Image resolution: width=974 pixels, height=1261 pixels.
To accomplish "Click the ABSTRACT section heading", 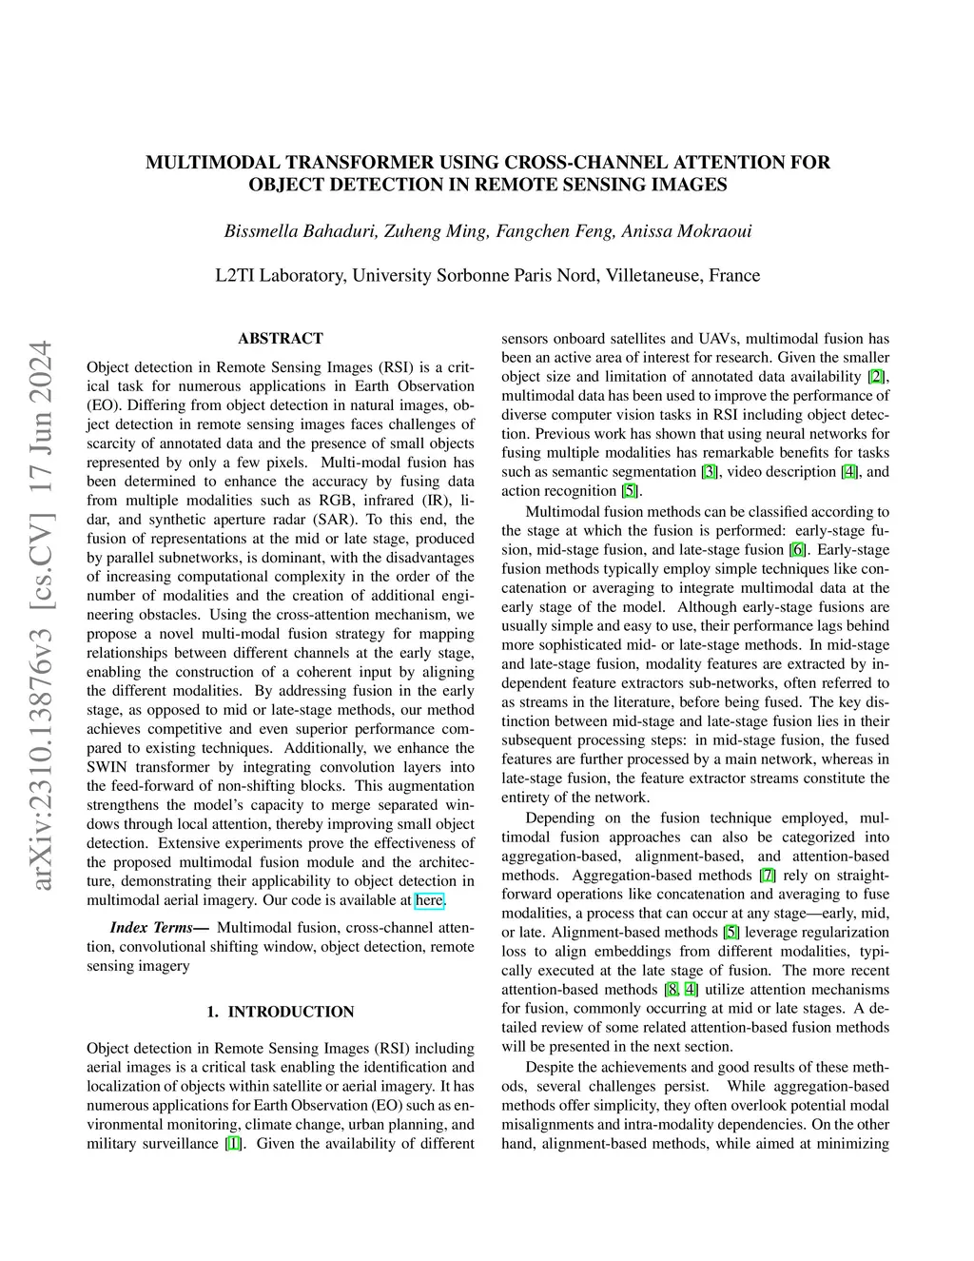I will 281,339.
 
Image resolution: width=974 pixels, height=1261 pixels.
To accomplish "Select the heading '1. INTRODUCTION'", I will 281,1012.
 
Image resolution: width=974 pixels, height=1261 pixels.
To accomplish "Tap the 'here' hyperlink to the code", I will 429,900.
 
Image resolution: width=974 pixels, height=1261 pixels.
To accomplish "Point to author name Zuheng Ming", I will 433,231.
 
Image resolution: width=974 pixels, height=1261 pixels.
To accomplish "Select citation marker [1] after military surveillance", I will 233,1144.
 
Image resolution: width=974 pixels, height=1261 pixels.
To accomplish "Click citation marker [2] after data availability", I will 876,377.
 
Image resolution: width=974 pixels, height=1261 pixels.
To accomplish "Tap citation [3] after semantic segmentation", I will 710,472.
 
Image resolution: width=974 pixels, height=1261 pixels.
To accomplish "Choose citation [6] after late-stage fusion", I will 798,550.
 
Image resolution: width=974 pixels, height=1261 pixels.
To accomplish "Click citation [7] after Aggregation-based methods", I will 767,876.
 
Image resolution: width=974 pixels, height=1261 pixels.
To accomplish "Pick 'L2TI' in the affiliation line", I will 234,276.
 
